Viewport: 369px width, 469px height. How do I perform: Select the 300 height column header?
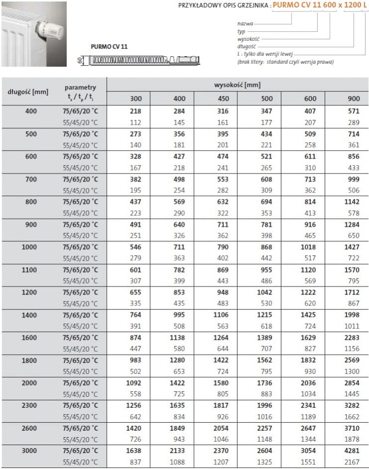[136, 98]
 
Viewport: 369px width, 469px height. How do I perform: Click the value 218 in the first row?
[136, 111]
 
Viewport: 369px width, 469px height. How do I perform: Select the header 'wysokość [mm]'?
[237, 85]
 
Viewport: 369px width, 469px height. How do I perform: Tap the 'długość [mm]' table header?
[28, 92]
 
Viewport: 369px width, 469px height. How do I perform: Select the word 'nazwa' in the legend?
[245, 23]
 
